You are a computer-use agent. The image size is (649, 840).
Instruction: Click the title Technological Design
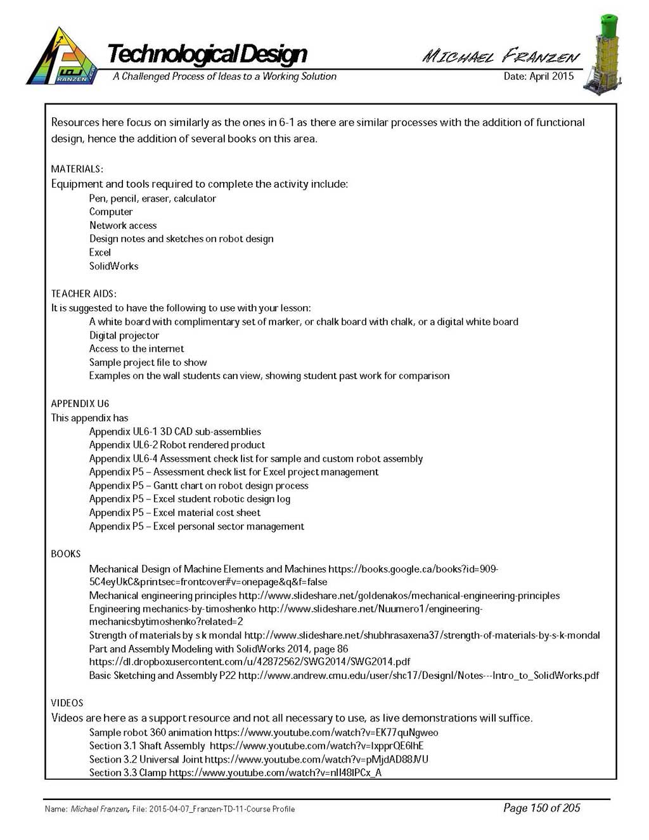[x=207, y=54]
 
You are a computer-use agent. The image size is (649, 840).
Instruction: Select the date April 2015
[x=538, y=76]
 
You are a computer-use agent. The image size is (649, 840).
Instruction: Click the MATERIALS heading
[x=77, y=169]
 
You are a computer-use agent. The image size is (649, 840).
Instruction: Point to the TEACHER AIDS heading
[x=84, y=294]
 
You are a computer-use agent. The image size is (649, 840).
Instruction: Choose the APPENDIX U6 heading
[x=80, y=404]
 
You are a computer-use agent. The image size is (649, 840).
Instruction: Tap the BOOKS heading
[x=66, y=554]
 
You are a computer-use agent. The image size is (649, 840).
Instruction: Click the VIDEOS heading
[x=67, y=703]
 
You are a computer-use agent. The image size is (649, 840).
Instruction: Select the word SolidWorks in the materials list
[x=113, y=266]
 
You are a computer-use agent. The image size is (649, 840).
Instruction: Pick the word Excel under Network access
[x=100, y=252]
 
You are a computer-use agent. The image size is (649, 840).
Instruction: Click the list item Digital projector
[x=124, y=335]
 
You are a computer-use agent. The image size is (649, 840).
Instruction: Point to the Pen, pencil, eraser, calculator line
[x=153, y=198]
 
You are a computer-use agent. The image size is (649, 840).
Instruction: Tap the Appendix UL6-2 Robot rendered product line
[x=177, y=445]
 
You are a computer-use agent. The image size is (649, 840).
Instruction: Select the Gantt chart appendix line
[x=198, y=486]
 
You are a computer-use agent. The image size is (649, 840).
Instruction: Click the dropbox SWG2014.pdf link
[x=250, y=662]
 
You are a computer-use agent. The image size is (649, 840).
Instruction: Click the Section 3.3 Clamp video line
[x=235, y=773]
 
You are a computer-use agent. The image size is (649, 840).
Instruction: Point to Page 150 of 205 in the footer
[x=542, y=808]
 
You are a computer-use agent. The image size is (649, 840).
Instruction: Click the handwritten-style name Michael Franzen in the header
[x=501, y=56]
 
